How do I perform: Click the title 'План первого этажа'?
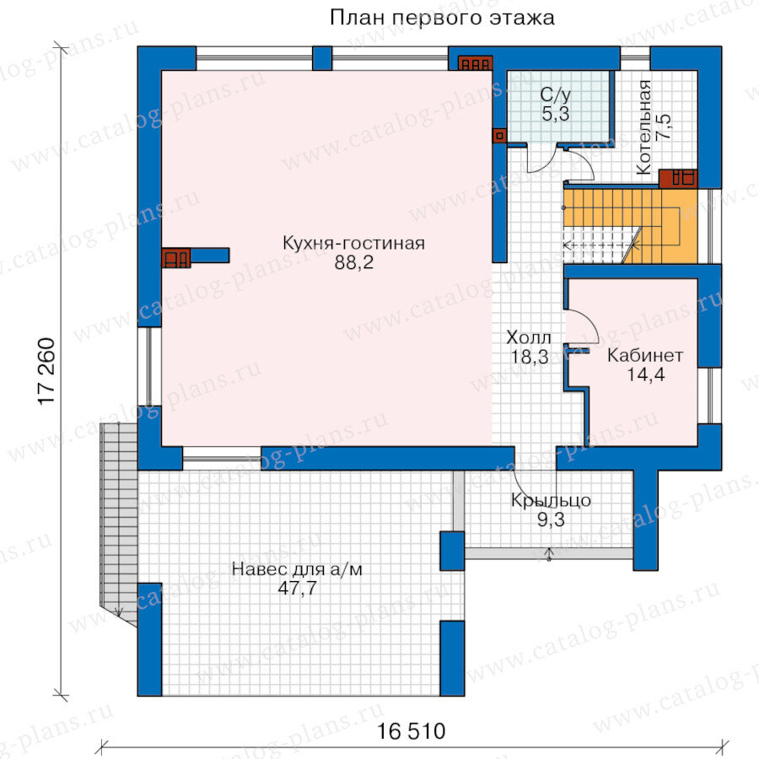(x=441, y=19)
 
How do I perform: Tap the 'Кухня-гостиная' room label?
(x=353, y=243)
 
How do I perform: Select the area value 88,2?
(x=354, y=263)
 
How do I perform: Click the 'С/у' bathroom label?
(x=556, y=94)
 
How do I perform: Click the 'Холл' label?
(x=529, y=337)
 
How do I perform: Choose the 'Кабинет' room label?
(x=645, y=355)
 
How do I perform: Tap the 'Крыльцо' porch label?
(x=551, y=500)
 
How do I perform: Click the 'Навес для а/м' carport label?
(x=297, y=568)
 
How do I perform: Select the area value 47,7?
(x=297, y=588)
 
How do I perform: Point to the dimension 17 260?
(x=47, y=371)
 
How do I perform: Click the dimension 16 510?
(x=411, y=731)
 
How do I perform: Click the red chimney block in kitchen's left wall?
(x=175, y=257)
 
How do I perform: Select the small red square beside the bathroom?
(x=499, y=136)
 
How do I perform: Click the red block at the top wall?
(x=476, y=63)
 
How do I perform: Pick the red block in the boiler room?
(x=678, y=179)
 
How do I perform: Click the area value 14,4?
(x=646, y=374)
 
